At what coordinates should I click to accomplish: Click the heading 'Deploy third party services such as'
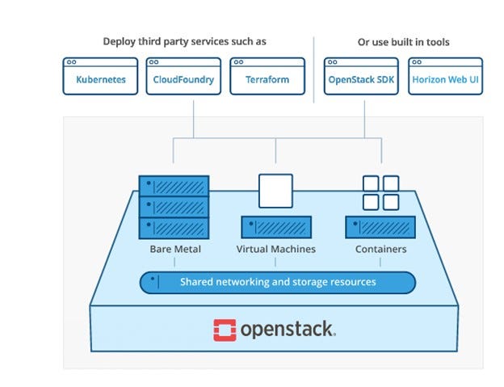184,41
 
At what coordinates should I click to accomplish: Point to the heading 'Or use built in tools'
403,41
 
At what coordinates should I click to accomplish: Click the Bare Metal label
175,250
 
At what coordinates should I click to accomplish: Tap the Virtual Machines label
275,250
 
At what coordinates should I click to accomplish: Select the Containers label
380,250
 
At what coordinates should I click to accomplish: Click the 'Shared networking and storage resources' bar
277,283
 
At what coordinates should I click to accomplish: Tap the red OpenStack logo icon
225,330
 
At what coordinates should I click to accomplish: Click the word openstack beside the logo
288,330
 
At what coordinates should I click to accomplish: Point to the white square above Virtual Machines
275,191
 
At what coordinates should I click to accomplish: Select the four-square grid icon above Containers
380,193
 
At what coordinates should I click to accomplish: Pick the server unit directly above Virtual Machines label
276,227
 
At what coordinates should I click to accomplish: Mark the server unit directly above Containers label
380,227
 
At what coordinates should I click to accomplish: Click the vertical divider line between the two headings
313,69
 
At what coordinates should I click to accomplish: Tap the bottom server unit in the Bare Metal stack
174,228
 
